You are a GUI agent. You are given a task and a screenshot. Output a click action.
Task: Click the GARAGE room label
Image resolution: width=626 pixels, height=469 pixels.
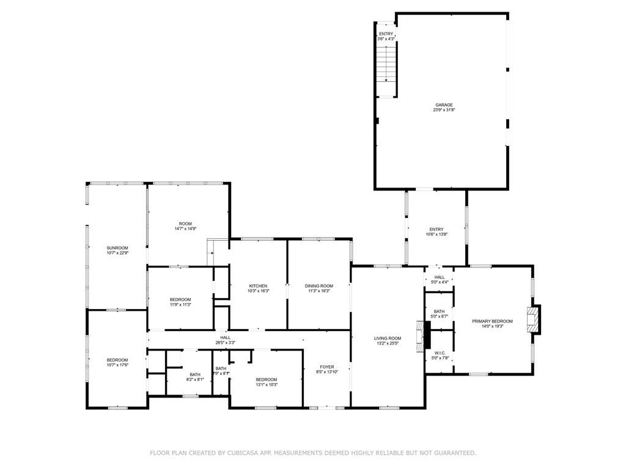444,105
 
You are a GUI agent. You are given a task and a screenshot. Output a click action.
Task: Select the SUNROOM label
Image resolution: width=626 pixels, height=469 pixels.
117,248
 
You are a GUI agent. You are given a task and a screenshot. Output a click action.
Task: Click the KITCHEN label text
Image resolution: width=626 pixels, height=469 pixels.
258,286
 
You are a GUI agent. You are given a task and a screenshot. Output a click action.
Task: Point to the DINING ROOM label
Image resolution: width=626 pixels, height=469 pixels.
319,286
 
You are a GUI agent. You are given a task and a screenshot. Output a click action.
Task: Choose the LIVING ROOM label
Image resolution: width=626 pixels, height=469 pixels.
388,338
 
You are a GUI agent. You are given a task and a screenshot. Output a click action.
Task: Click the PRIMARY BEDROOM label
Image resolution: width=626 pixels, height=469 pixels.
492,321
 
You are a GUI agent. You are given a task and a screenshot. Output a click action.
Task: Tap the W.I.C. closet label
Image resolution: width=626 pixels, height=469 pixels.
440,353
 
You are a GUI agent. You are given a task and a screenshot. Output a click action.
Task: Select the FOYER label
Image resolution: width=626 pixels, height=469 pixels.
327,367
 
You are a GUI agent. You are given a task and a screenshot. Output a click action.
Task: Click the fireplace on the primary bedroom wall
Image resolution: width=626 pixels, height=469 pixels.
534,319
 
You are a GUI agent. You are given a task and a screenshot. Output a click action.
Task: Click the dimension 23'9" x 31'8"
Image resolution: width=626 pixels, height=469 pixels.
444,110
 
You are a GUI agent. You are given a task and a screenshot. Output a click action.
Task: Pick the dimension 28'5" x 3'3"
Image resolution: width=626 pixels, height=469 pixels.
226,343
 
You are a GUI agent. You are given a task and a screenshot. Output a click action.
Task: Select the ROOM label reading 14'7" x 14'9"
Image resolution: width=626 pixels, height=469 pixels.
185,224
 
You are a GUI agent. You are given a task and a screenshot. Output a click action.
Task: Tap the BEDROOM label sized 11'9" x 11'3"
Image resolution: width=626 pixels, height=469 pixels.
180,299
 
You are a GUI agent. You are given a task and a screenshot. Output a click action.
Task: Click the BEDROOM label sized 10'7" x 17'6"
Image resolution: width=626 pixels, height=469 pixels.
117,360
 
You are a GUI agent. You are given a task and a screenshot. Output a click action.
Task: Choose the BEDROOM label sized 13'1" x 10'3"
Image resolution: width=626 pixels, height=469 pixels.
267,379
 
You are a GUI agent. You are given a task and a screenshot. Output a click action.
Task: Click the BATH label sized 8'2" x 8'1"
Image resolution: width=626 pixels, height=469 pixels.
195,374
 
